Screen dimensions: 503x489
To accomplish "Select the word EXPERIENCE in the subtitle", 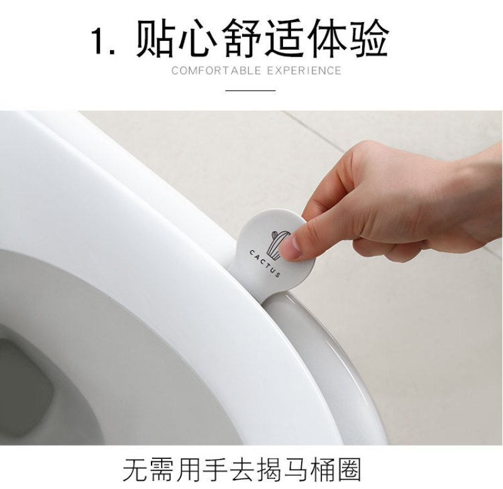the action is click(x=304, y=70).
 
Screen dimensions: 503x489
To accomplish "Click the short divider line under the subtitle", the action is click(x=250, y=90).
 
